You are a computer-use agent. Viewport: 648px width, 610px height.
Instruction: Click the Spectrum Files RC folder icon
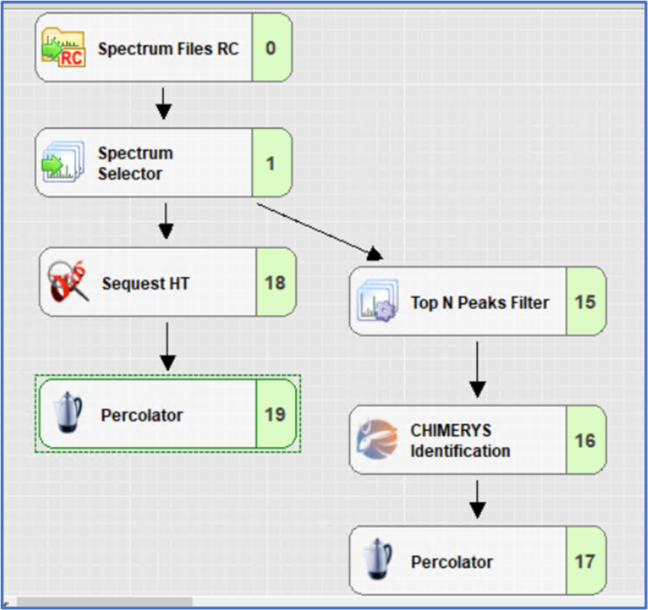point(63,48)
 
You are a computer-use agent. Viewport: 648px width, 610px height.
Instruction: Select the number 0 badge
point(271,48)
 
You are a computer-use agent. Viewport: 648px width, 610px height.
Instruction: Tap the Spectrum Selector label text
point(135,163)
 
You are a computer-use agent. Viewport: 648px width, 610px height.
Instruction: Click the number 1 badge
point(270,163)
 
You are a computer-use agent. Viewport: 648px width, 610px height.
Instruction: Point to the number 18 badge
point(275,283)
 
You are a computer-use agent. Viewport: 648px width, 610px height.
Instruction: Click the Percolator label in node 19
point(142,415)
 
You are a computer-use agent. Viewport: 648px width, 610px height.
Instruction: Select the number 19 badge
point(275,415)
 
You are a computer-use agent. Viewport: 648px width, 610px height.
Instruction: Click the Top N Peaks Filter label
point(480,303)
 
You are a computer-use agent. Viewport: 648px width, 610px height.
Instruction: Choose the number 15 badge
point(585,302)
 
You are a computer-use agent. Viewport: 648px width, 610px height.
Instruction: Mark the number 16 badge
point(585,441)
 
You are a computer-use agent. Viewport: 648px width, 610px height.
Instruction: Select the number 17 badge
point(585,562)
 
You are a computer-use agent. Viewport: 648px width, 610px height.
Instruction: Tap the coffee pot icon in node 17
point(378,560)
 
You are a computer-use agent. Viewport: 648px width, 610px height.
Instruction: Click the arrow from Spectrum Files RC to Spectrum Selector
point(164,103)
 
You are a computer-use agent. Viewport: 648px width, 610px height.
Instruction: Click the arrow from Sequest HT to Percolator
point(167,345)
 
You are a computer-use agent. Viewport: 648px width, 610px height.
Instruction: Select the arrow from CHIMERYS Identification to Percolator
point(477,499)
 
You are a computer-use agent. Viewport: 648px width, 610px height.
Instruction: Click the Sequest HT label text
point(145,284)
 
